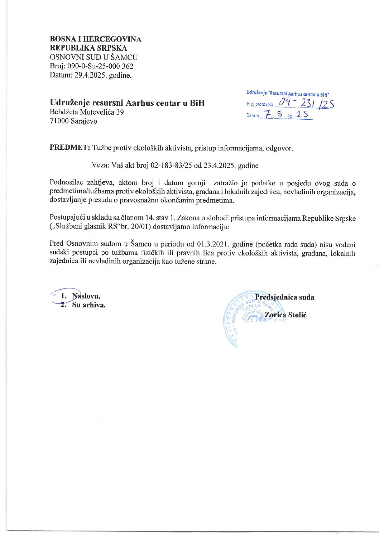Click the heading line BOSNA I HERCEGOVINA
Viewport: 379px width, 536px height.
click(95, 39)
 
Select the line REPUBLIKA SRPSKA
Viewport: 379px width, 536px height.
click(88, 48)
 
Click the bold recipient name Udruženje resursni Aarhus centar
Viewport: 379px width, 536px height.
click(127, 103)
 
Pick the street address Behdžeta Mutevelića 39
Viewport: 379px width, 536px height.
click(87, 112)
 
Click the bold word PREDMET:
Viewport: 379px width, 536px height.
click(69, 148)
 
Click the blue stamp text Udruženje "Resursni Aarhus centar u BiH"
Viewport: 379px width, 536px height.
click(287, 94)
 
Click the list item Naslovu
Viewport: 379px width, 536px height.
click(86, 296)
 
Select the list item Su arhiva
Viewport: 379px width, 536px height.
click(88, 305)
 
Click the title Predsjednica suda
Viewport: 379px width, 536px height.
click(284, 297)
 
